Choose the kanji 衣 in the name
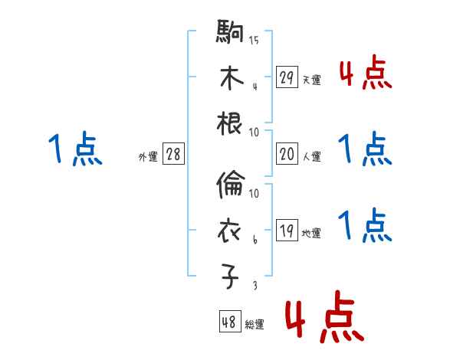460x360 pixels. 230,231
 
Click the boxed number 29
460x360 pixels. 287,77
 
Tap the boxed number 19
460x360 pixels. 287,231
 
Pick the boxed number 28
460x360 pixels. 173,155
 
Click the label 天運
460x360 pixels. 311,80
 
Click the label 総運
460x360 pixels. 255,325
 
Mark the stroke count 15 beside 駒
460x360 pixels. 254,40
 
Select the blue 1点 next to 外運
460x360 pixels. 76,149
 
